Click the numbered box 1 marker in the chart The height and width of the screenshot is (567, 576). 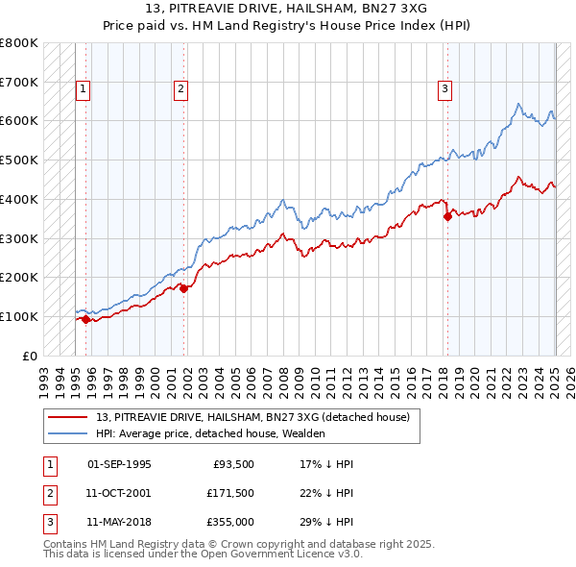pyautogui.click(x=84, y=90)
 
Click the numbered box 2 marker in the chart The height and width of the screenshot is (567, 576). pyautogui.click(x=180, y=90)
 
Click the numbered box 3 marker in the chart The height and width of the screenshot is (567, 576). pyautogui.click(x=445, y=90)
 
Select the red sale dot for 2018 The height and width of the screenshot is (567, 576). pyautogui.click(x=447, y=217)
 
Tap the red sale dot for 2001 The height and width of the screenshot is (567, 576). pyautogui.click(x=184, y=288)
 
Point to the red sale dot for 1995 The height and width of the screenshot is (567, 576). pyautogui.click(x=86, y=319)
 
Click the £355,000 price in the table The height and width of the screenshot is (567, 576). pyautogui.click(x=230, y=522)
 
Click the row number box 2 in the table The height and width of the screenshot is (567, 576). pyautogui.click(x=48, y=493)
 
